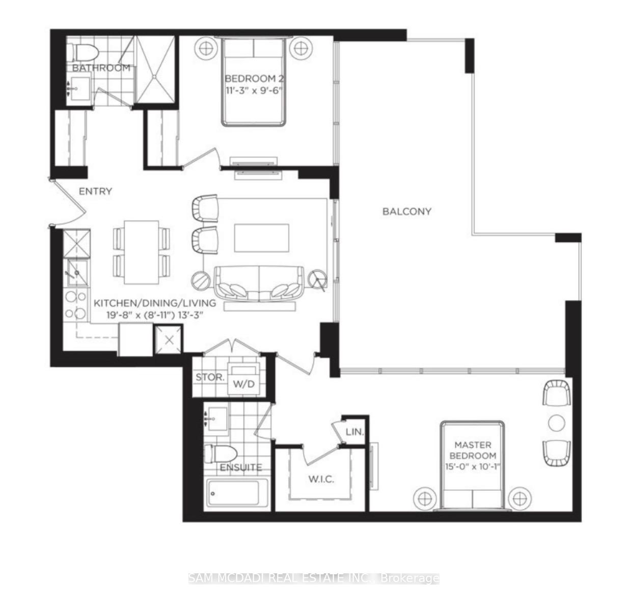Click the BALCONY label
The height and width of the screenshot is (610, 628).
click(406, 211)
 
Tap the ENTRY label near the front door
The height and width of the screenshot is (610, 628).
click(95, 192)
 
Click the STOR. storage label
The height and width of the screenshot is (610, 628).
click(210, 378)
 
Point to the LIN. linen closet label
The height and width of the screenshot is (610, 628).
click(354, 432)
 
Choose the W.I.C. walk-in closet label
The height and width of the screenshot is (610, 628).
click(321, 480)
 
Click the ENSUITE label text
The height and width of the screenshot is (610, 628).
click(241, 467)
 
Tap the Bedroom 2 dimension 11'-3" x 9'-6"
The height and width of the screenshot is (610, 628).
click(254, 90)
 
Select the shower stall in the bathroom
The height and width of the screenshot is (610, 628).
click(155, 69)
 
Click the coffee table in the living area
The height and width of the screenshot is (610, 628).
click(261, 237)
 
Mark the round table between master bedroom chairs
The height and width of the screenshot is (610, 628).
click(556, 423)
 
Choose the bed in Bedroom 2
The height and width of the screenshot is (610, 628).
click(253, 82)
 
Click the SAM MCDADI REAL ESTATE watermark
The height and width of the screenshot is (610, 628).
click(314, 578)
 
